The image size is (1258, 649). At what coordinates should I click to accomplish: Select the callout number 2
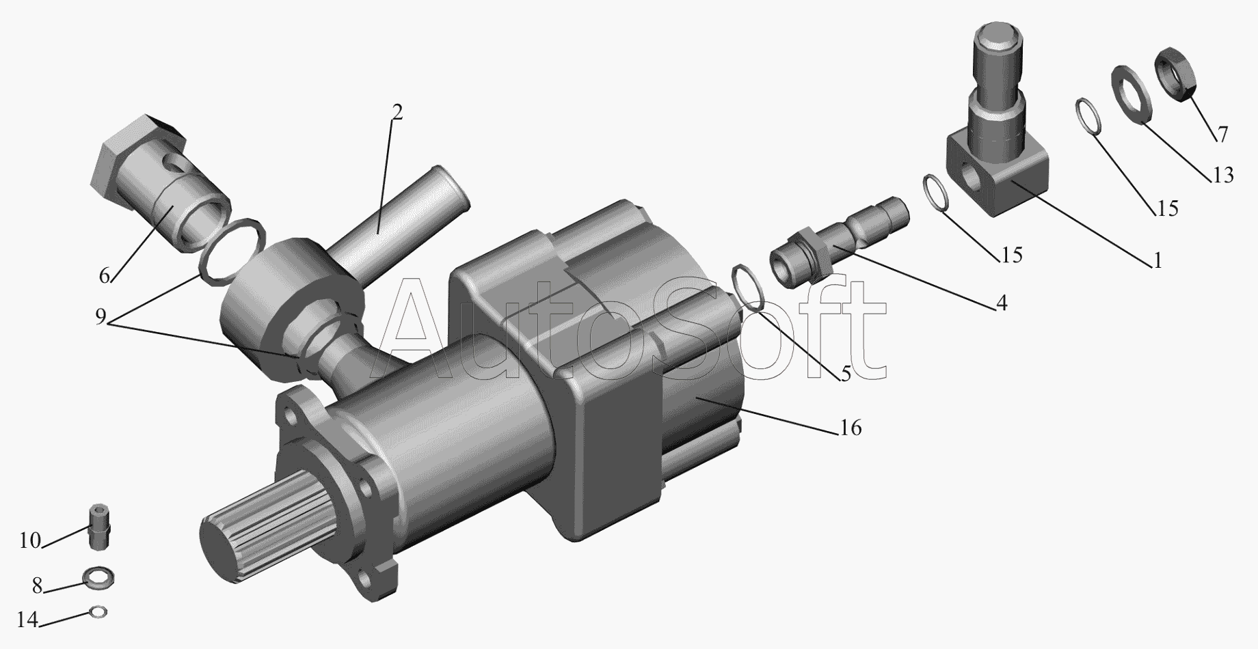coord(397,112)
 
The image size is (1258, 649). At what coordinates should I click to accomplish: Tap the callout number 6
coord(104,276)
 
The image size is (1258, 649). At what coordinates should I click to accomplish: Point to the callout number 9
coord(101,317)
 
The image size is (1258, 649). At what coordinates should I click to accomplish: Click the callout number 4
coord(1001,303)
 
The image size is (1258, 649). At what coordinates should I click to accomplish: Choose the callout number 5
coord(846,374)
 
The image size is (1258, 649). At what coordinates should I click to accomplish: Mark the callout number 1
coord(1157,261)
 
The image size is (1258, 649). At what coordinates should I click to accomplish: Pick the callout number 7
coord(1222,134)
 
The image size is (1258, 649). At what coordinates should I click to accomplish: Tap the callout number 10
coord(30,541)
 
